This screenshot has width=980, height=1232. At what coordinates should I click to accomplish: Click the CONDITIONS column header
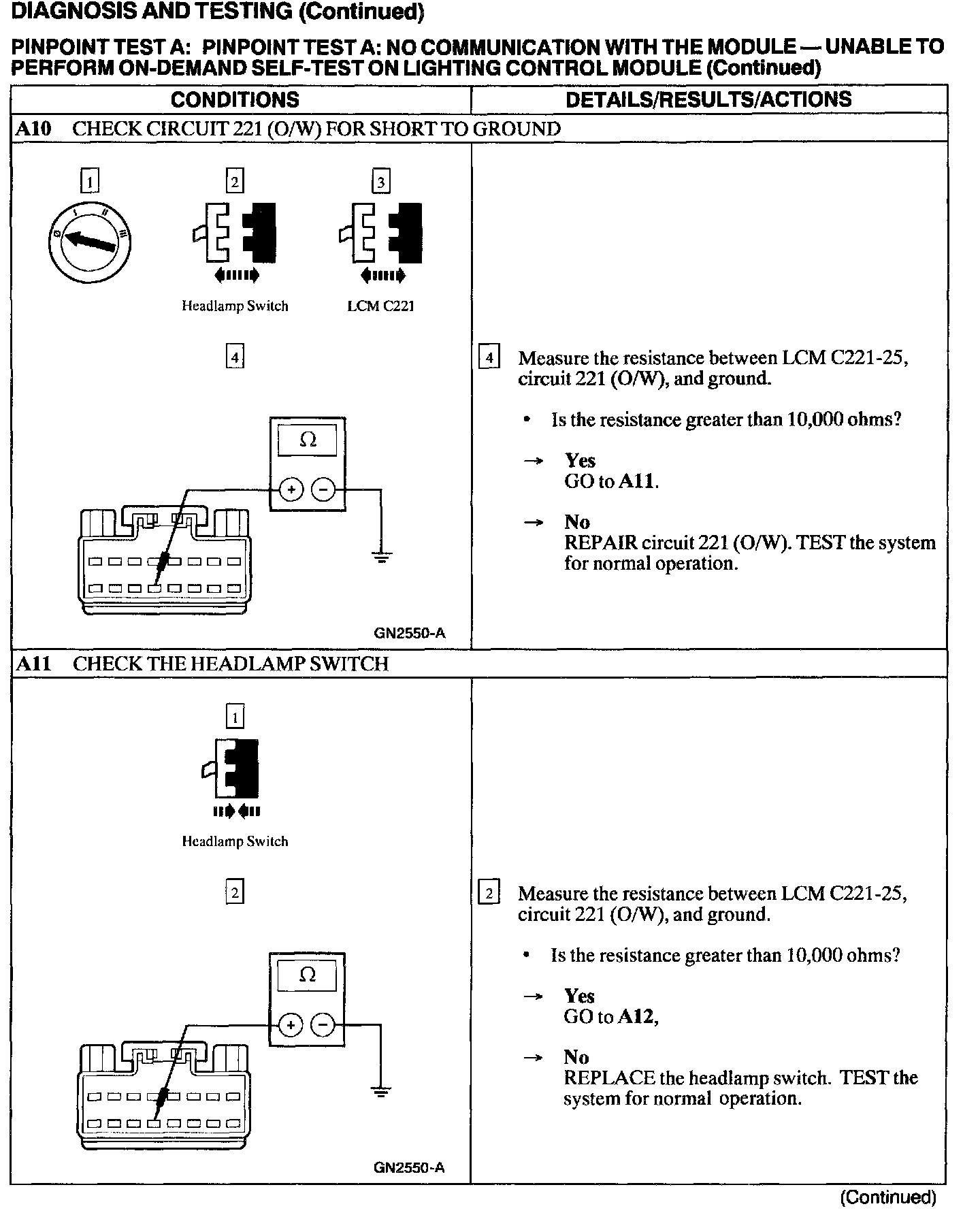[235, 99]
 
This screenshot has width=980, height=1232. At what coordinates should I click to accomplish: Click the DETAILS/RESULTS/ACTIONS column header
[708, 99]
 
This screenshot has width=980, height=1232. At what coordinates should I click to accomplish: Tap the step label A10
[33, 129]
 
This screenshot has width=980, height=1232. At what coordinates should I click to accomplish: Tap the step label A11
[33, 664]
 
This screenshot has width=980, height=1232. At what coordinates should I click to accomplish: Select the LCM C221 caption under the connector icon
[380, 306]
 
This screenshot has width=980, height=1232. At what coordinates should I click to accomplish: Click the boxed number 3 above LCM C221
[380, 182]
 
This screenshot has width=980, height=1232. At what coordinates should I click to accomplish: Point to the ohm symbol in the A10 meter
[308, 440]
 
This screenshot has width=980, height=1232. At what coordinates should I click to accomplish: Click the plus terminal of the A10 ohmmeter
[291, 489]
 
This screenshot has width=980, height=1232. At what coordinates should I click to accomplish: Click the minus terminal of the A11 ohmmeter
[323, 1025]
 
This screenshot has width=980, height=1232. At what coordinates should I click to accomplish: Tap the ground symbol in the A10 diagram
[381, 557]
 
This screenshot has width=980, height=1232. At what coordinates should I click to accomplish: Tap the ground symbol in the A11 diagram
[381, 1093]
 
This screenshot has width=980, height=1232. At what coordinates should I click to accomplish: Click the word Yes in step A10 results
[580, 461]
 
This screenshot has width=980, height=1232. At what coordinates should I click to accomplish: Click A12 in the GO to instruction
[637, 1017]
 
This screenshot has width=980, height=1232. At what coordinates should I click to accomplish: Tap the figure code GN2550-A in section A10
[410, 633]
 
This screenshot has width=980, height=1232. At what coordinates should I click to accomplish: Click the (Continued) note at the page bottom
[888, 1197]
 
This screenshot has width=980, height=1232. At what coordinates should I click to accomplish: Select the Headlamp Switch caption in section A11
[235, 842]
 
